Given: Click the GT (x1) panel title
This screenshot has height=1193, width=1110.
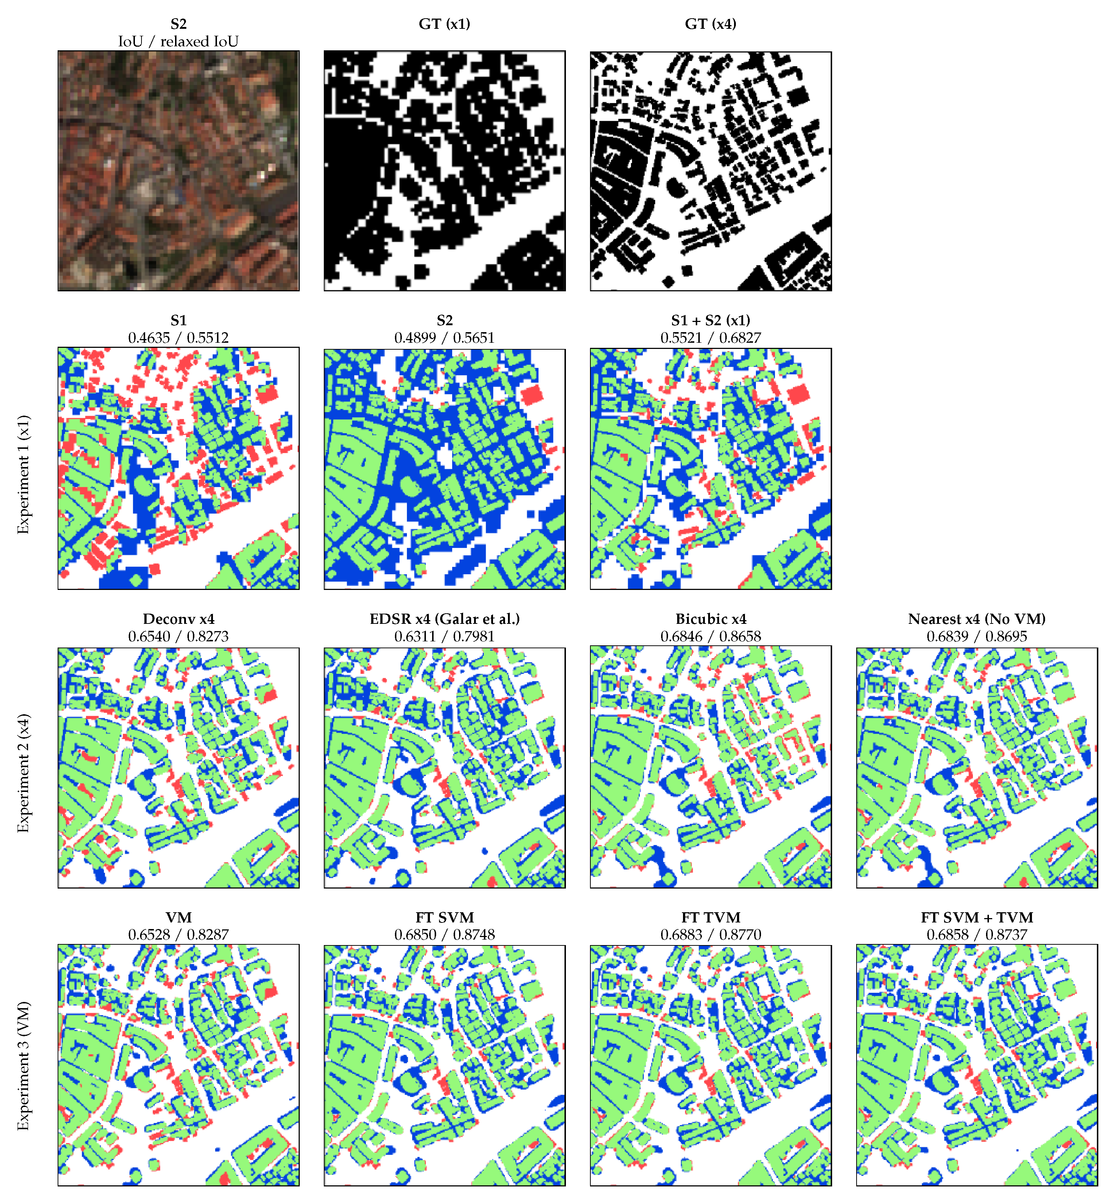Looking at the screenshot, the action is pos(444,24).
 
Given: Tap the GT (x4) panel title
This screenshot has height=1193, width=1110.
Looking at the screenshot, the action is pos(710,24).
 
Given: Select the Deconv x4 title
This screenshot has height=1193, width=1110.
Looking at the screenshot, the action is pos(178,619).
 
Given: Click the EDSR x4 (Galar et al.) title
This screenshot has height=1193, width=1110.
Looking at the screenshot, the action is pos(444,619).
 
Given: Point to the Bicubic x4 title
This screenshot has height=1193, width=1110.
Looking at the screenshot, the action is pos(710,619).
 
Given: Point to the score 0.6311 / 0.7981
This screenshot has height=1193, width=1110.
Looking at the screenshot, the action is pos(444,636).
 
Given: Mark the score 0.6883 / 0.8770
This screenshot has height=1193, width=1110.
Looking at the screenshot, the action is pos(710,934).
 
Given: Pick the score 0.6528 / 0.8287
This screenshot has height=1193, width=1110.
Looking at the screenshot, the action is pos(178,934).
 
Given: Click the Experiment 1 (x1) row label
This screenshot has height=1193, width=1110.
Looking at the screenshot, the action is pos(23,474).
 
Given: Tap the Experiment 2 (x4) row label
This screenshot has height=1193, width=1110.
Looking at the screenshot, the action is pos(23,773).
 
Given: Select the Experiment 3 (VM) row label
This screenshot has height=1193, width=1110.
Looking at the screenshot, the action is pos(23,1065).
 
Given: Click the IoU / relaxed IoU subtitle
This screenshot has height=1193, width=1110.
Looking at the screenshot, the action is pos(178,42).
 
